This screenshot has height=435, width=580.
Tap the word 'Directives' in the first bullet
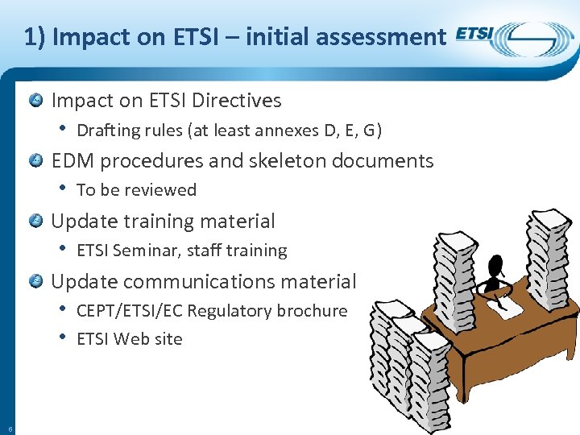[x=239, y=101]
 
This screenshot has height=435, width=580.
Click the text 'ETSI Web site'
[x=129, y=339]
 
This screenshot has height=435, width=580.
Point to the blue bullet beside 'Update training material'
[x=36, y=222]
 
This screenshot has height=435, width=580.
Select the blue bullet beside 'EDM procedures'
[x=36, y=161]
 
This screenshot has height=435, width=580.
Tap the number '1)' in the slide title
[x=34, y=36]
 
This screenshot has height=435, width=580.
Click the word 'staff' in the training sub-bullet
[x=204, y=251]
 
